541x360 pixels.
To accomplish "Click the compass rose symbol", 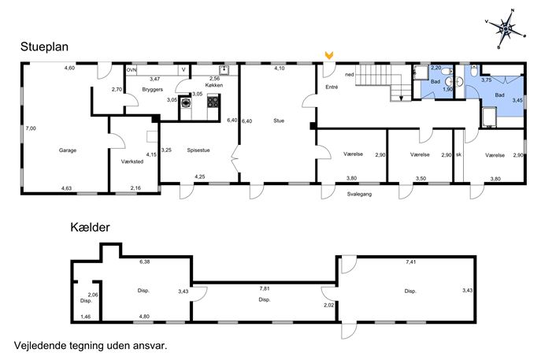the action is click(506, 29).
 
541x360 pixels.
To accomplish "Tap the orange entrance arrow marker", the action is click(329, 55).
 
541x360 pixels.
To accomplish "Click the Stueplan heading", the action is click(44, 47).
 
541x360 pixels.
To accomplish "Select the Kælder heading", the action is click(90, 227).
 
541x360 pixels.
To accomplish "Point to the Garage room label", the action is click(68, 150).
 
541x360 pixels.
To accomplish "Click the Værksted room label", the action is click(132, 161).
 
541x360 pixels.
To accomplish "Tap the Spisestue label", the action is click(198, 150).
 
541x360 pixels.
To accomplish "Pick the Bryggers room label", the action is click(153, 89).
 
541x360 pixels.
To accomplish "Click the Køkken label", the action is click(214, 85).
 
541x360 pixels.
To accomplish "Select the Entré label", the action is click(332, 87).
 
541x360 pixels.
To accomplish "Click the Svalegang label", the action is click(360, 194).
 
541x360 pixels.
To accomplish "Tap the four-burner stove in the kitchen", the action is click(213, 102).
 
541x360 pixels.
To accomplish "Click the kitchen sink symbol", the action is click(224, 70).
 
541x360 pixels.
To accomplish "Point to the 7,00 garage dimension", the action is click(31, 128).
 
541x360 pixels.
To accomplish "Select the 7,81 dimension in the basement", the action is click(265, 288).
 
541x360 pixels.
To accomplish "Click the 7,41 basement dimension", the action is click(410, 262).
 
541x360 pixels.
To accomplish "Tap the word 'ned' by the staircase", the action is click(350, 75).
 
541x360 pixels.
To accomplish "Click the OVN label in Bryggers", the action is click(131, 70).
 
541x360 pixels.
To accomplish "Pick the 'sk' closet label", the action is click(458, 154).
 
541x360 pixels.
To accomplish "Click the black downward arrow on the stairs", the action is click(401, 98).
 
